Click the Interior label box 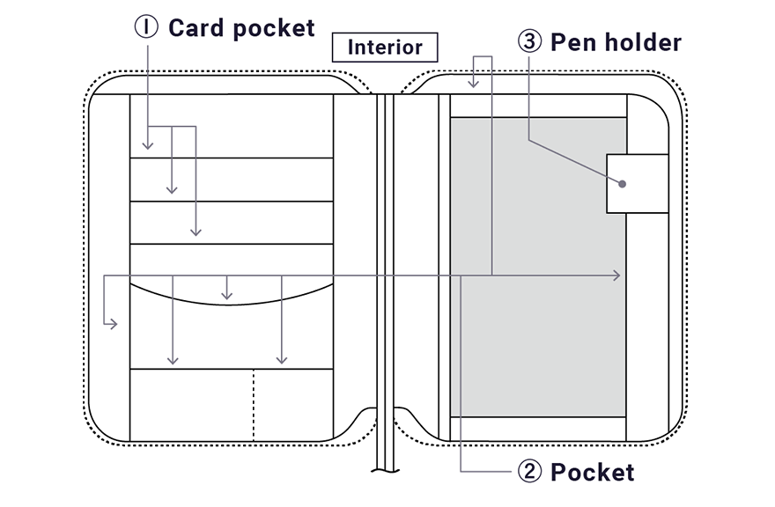pyautogui.click(x=385, y=47)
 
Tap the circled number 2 pyautogui.click(x=528, y=472)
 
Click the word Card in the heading pyautogui.click(x=196, y=28)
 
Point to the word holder pyautogui.click(x=640, y=42)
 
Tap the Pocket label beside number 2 pyautogui.click(x=592, y=472)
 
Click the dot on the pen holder pyautogui.click(x=623, y=184)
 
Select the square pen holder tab pyautogui.click(x=638, y=184)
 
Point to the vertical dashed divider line pyautogui.click(x=254, y=405)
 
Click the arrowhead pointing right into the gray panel pyautogui.click(x=617, y=276)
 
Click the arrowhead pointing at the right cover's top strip pyautogui.click(x=475, y=84)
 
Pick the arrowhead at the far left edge pyautogui.click(x=113, y=325)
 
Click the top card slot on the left pyautogui.click(x=231, y=180)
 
